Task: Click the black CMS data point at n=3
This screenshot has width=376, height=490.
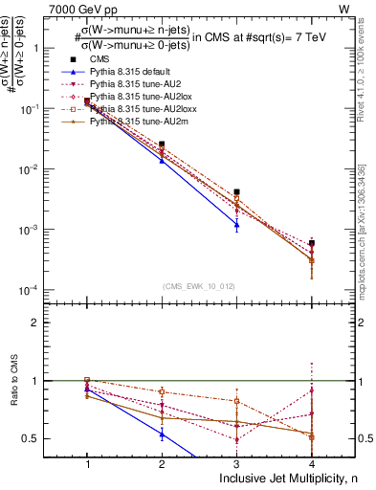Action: (x=236, y=192)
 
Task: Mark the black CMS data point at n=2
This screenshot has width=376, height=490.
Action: (x=162, y=145)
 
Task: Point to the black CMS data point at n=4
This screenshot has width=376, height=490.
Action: (x=312, y=243)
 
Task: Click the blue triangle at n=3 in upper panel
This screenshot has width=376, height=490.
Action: (x=236, y=226)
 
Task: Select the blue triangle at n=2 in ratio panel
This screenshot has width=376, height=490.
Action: (x=162, y=434)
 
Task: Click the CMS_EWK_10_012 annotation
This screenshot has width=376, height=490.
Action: (x=199, y=285)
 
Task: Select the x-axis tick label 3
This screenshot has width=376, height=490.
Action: (x=236, y=463)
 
